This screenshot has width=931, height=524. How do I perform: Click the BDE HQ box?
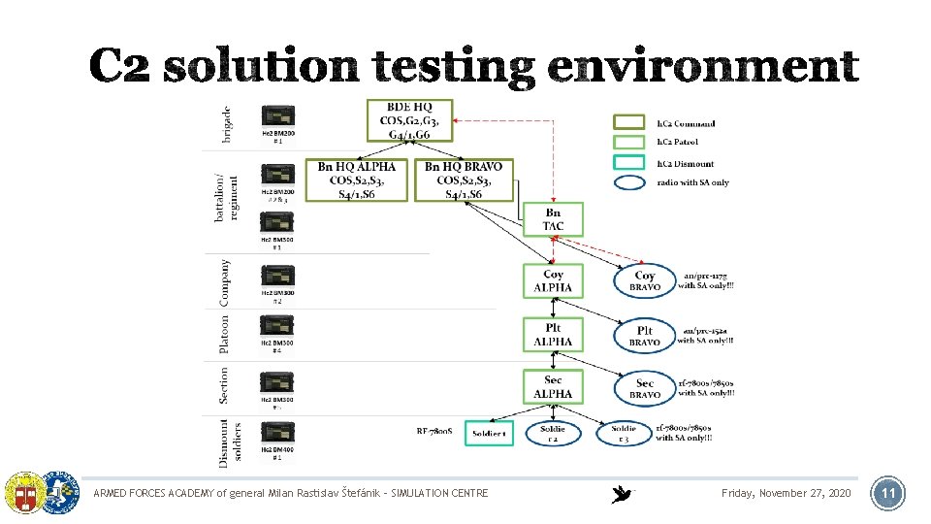click(x=410, y=120)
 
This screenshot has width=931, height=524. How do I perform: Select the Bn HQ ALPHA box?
click(x=357, y=180)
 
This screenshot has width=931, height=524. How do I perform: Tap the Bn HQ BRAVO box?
click(x=464, y=180)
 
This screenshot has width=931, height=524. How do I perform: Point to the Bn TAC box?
click(x=553, y=219)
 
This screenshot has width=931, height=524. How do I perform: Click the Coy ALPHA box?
click(x=553, y=281)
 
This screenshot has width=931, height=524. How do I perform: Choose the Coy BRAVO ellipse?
click(x=645, y=281)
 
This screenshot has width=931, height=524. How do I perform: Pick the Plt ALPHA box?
click(x=553, y=335)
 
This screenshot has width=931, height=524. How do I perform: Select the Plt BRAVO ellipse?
click(x=645, y=336)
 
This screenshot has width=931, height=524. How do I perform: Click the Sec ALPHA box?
click(x=553, y=387)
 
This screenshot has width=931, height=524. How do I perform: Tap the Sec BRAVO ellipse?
click(x=645, y=388)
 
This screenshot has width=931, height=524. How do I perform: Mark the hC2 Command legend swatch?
click(x=631, y=123)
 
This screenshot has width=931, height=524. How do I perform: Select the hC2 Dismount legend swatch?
click(x=631, y=163)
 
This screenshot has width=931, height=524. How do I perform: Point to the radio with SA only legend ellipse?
click(x=631, y=182)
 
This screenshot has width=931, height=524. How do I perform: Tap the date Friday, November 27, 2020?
click(x=787, y=494)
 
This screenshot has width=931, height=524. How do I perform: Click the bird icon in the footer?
click(x=622, y=494)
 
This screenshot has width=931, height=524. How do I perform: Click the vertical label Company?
click(x=225, y=282)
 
